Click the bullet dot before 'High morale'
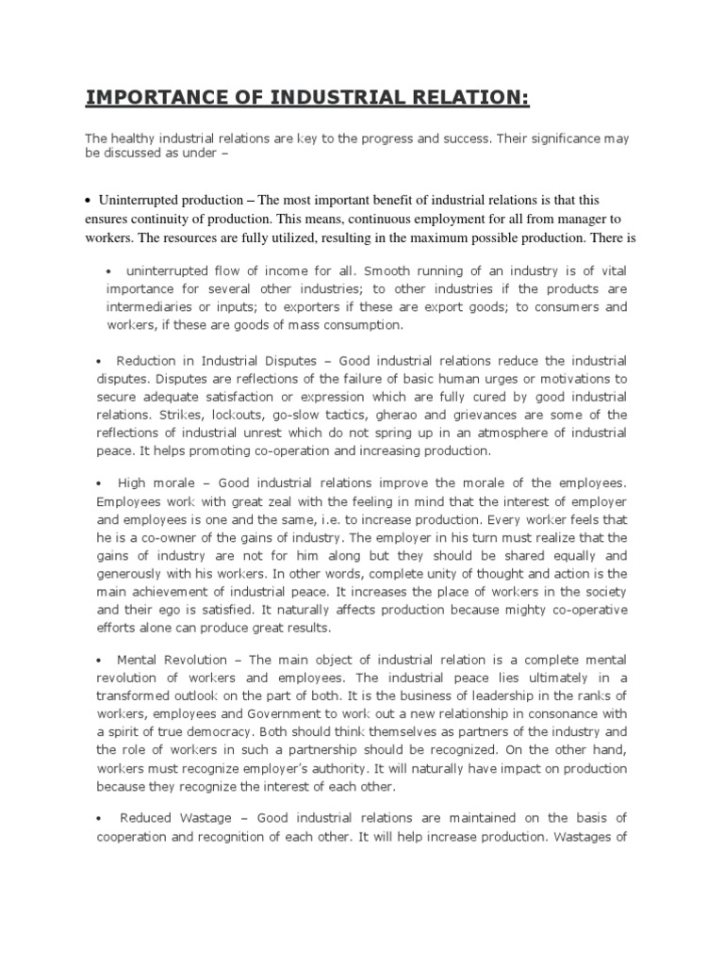tap(99, 482)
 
